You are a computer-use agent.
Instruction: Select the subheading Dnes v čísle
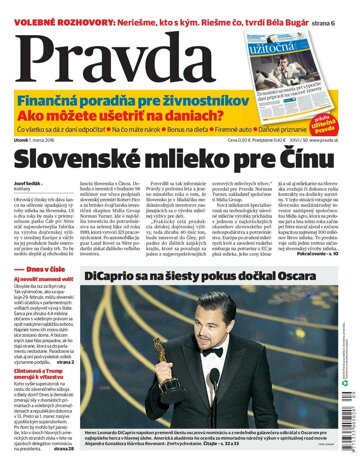(46, 268)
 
